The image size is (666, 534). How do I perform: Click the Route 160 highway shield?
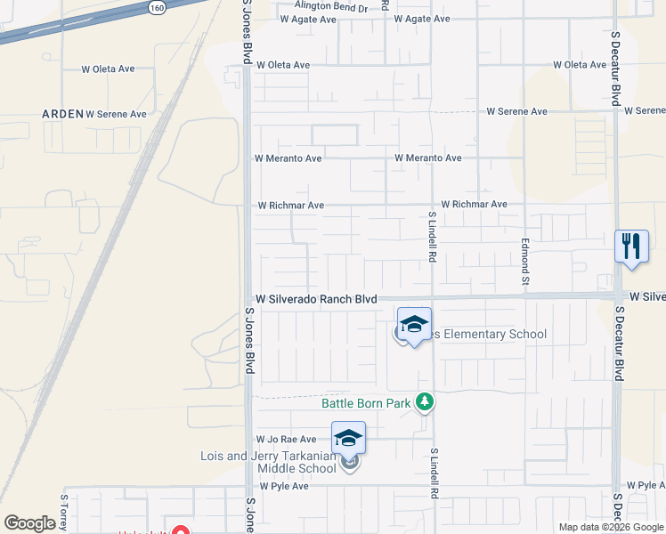tap(157, 7)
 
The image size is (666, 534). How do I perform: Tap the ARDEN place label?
tap(62, 114)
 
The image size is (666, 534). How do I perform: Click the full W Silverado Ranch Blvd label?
tap(316, 299)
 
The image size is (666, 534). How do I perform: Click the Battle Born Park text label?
tap(366, 403)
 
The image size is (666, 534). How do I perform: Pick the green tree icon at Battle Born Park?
tap(425, 403)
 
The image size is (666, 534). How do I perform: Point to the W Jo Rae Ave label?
tap(286, 439)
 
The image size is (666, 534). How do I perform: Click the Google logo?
tap(29, 523)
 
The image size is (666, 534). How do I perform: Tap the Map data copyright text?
tap(610, 527)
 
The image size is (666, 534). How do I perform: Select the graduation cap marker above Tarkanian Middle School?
tap(348, 437)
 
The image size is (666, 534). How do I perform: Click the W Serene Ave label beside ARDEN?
tap(116, 114)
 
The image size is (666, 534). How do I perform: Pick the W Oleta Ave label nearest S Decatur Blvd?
tap(579, 65)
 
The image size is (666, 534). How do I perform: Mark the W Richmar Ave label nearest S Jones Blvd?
tap(290, 206)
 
